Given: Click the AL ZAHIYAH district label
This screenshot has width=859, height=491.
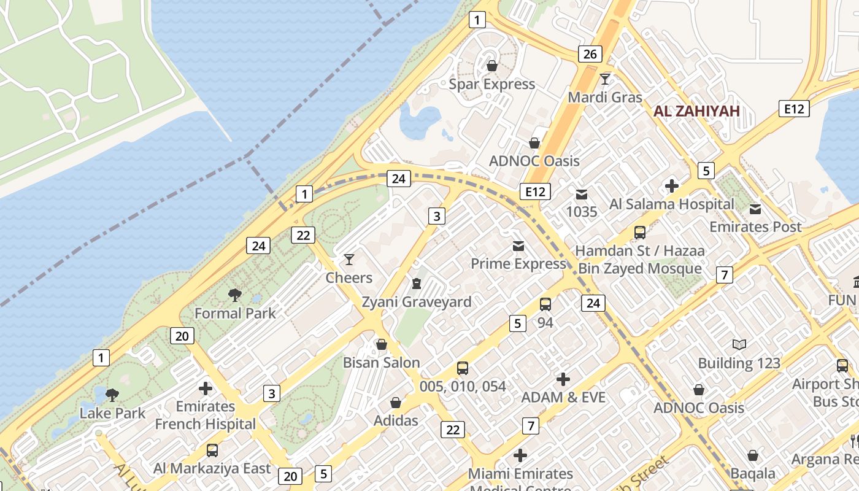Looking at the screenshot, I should [696, 111].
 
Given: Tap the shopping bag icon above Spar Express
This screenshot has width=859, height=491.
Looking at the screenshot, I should [491, 66].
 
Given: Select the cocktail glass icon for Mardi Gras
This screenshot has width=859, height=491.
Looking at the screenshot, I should [605, 79].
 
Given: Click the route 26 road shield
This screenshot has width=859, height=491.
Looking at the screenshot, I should [590, 54].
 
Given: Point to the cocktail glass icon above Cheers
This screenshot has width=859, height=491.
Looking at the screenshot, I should [349, 260].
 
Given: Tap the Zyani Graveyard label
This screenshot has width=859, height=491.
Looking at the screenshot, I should [416, 302].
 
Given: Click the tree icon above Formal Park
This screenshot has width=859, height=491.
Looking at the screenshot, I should [234, 295].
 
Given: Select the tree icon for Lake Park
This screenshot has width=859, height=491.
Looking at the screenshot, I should [112, 395].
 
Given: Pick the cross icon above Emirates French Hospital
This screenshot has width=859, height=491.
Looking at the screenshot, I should [206, 389].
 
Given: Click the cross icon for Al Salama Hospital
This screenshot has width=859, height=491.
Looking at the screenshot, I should [672, 185].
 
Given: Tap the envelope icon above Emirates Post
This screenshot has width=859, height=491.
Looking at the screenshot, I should [755, 209].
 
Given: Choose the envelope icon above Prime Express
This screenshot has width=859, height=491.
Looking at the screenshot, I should [518, 246].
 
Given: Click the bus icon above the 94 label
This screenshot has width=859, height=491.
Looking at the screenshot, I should [545, 304].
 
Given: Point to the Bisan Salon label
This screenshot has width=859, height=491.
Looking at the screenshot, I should [381, 362].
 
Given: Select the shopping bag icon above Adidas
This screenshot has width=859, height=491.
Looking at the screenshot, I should [396, 403].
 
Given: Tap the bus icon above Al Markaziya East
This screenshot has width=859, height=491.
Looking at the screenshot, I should [212, 450].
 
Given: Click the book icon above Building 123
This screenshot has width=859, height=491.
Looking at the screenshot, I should [739, 345].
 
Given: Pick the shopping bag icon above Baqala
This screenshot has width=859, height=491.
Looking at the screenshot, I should [752, 455].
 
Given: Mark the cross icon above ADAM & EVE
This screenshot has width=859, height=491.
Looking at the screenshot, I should [563, 379].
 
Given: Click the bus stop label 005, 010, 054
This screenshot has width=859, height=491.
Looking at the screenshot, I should [463, 387].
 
